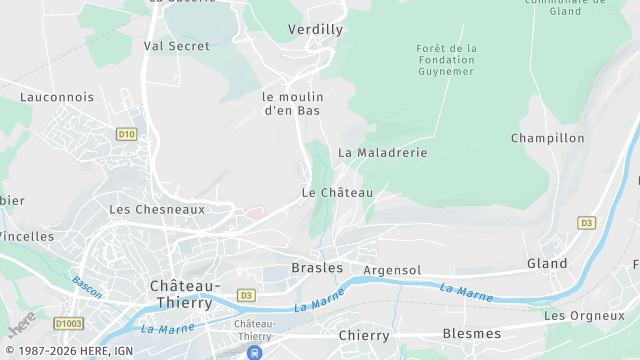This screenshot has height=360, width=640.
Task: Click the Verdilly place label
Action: click(315, 30)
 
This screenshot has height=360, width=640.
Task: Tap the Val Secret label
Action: click(177, 46)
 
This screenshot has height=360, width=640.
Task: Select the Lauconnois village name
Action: click(57, 97)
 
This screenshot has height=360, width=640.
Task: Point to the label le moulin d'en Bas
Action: click(291, 103)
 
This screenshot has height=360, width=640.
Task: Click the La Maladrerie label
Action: click(382, 153)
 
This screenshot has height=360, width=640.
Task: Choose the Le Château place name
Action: click(337, 192)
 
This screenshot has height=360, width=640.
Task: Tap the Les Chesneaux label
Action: click(156, 210)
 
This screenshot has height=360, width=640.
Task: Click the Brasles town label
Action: click(317, 268)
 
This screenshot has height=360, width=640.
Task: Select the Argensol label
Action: click(392, 271)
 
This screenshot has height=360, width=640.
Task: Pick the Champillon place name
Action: click(547, 138)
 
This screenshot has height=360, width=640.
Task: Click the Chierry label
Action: click(363, 335)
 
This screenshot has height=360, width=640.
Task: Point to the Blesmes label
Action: click(471, 333)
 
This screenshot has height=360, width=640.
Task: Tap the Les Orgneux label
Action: click(584, 316)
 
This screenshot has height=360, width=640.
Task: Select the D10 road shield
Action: click(126, 133)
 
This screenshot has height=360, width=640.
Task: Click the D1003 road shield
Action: click(68, 324)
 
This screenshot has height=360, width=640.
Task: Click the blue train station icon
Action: click(256, 352)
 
